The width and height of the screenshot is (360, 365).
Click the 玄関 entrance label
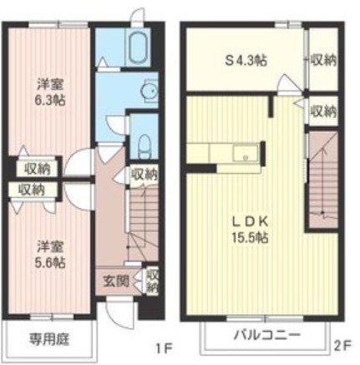(x=115, y=281)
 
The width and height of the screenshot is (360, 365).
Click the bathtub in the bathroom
(x=135, y=49)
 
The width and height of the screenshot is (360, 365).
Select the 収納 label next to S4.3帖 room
(x=324, y=60)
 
